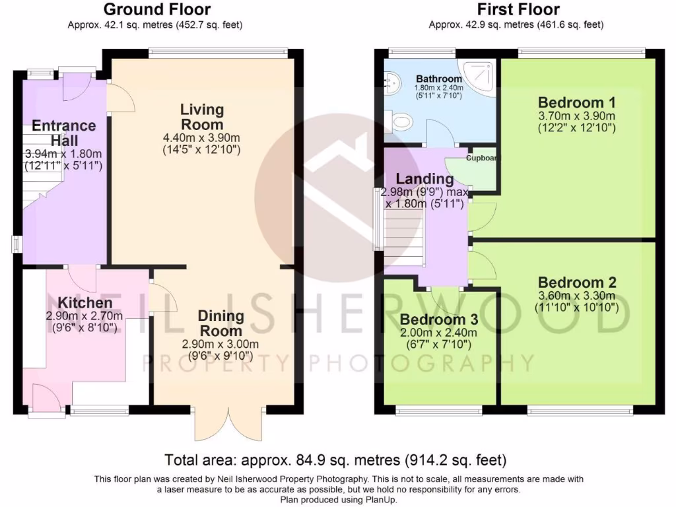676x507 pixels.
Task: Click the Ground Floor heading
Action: point(157,9)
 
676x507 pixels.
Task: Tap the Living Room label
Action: point(202,117)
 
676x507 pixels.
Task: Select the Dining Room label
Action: point(221,323)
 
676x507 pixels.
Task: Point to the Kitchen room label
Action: point(85,303)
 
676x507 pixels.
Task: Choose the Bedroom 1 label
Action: point(577,102)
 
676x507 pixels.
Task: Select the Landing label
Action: point(424,179)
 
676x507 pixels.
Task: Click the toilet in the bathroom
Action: point(401,120)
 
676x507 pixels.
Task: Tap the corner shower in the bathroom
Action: point(480,75)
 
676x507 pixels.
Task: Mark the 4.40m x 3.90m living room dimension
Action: point(201,137)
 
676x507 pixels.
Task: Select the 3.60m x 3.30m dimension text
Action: point(576,295)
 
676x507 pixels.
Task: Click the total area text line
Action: point(335,459)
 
